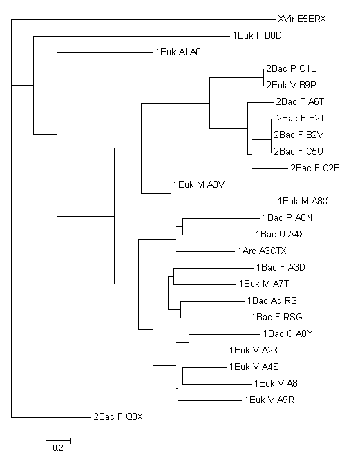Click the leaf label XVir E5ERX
click(x=302, y=19)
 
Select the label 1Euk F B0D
click(x=257, y=36)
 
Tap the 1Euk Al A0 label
click(x=178, y=52)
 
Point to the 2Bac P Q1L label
click(x=291, y=69)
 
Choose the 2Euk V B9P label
click(x=291, y=86)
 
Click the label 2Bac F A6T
click(x=300, y=102)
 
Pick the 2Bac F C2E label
click(x=315, y=168)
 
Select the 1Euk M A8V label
click(x=199, y=185)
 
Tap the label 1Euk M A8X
click(x=303, y=202)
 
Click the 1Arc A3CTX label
click(x=262, y=251)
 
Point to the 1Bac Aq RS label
click(x=272, y=301)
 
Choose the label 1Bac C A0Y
click(x=287, y=333)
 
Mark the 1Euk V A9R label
click(x=269, y=400)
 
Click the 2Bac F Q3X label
click(x=118, y=416)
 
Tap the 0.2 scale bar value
click(x=58, y=447)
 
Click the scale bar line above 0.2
click(x=58, y=441)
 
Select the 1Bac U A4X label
click(x=280, y=234)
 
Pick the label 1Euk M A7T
click(x=264, y=284)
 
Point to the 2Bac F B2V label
click(x=299, y=135)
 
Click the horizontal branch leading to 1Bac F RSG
click(x=215, y=318)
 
